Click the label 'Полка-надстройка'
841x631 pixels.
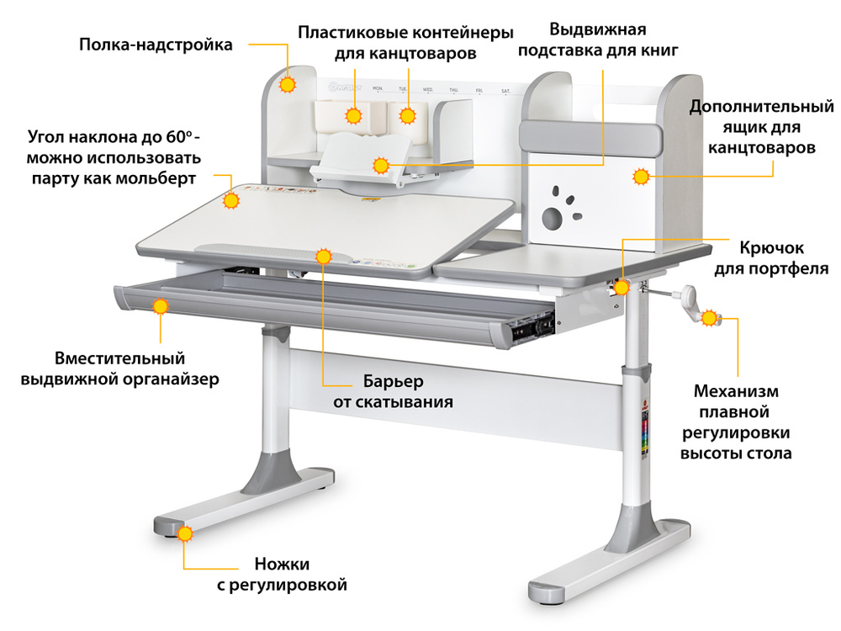pyautogui.click(x=156, y=45)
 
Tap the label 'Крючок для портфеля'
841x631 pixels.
pyautogui.click(x=771, y=258)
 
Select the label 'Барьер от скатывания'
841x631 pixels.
pyautogui.click(x=393, y=391)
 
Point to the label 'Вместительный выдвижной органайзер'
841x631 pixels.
pyautogui.click(x=120, y=369)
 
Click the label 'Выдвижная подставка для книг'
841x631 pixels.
pyautogui.click(x=597, y=39)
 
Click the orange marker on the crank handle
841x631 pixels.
pyautogui.click(x=710, y=318)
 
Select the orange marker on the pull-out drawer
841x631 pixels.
pyautogui.click(x=160, y=306)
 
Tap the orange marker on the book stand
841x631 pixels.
pyautogui.click(x=382, y=164)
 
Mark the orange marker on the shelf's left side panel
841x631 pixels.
pyautogui.click(x=288, y=85)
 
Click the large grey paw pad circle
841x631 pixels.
pyautogui.click(x=551, y=220)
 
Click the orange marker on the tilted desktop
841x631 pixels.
pyautogui.click(x=231, y=201)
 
